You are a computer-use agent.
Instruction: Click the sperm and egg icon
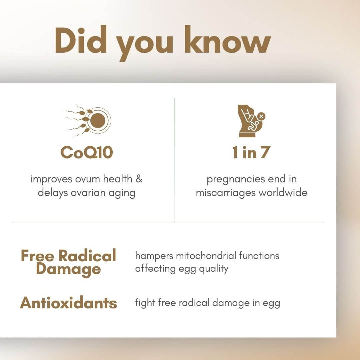coord(88,120)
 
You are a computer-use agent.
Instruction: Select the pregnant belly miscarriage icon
coord(251,121)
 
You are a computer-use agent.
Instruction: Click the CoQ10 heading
coord(87,152)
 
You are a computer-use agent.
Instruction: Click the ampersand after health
coord(139,179)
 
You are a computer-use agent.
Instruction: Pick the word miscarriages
coord(226,193)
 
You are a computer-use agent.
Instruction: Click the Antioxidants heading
coord(69,303)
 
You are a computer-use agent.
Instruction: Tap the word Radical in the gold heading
coord(87,255)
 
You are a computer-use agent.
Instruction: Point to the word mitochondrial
coord(206,256)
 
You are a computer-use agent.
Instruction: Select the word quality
coord(214,269)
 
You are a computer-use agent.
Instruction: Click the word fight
coord(145,303)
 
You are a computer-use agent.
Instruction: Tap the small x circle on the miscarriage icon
coord(261,116)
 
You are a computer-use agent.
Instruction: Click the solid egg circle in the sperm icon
coord(98,120)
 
